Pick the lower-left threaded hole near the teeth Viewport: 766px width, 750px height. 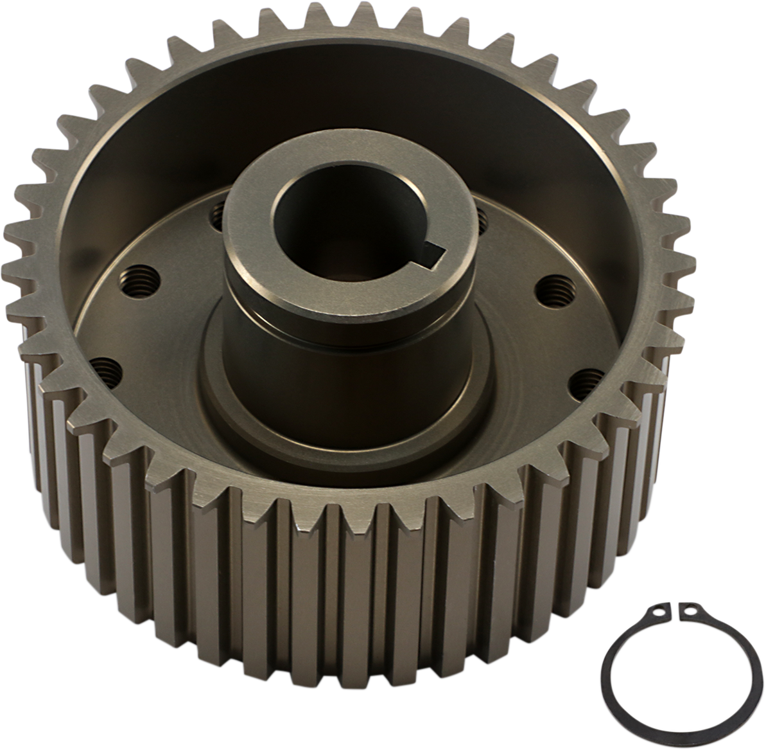[x=108, y=370]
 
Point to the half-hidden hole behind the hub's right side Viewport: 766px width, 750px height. [x=483, y=220]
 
